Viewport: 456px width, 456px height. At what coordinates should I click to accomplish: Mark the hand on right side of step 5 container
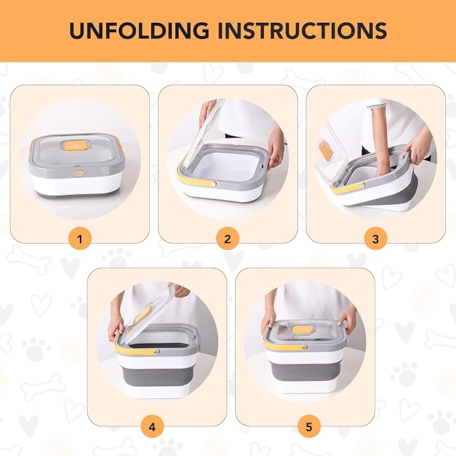click(x=347, y=318)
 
